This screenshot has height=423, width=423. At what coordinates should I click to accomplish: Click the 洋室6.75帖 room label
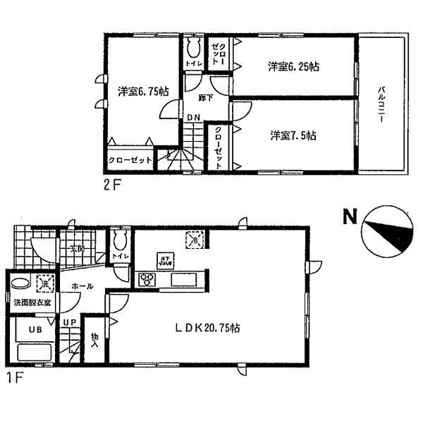pyautogui.click(x=143, y=91)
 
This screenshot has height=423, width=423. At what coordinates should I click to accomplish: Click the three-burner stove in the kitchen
pyautogui.click(x=149, y=278)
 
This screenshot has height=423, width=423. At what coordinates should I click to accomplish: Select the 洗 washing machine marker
pyautogui.click(x=43, y=282)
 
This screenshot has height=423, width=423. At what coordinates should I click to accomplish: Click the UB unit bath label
pyautogui.click(x=33, y=329)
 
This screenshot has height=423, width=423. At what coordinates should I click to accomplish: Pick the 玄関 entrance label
pyautogui.click(x=76, y=248)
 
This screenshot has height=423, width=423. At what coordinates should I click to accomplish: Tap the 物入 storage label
pyautogui.click(x=95, y=342)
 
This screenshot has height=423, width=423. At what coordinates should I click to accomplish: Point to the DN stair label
pyautogui.click(x=192, y=118)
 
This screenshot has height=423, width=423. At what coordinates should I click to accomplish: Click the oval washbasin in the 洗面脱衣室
pyautogui.click(x=20, y=285)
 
